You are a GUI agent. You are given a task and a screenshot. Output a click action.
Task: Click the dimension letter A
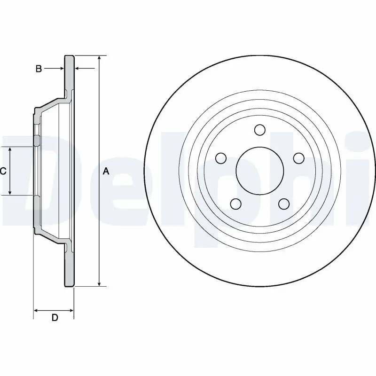coord(106,171)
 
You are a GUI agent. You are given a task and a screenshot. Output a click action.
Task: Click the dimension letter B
coord(39,69)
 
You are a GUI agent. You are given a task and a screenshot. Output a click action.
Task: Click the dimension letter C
coord(3,171)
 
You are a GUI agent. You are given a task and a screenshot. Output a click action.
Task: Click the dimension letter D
coord(55,318)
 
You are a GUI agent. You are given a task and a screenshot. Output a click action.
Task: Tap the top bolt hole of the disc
coord(259,129)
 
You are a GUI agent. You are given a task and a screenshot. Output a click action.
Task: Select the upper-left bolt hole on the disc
coord(219,158)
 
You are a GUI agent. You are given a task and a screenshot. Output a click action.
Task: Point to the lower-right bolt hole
coord(283,204)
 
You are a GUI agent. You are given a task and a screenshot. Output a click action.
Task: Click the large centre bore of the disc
coord(259,171)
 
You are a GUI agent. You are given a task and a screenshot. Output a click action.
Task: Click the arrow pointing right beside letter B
coord(61,69)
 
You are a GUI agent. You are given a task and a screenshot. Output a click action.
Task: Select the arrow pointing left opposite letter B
coord(78,69)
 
